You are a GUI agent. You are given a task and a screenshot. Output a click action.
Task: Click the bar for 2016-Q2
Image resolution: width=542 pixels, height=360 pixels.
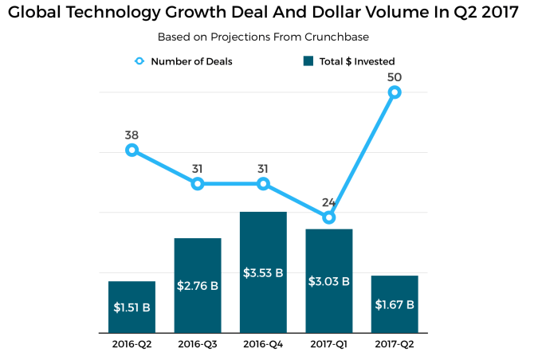(x=132, y=307)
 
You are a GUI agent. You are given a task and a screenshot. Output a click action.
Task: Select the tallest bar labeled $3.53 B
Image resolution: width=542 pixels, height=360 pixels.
(x=263, y=272)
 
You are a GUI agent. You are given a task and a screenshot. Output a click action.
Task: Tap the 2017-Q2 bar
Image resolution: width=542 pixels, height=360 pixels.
(x=395, y=303)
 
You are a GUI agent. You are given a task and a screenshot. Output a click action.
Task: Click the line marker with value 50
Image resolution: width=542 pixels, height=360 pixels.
(x=395, y=92)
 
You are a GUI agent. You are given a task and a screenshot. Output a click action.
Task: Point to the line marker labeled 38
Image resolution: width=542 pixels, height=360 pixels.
(x=132, y=150)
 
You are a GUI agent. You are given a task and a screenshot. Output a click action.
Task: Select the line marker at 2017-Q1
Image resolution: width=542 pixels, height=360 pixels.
(x=329, y=217)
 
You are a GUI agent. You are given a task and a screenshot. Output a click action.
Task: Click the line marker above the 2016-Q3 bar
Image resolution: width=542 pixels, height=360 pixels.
(x=198, y=184)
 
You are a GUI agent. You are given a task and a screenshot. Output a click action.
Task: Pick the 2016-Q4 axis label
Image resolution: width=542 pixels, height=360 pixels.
(x=263, y=344)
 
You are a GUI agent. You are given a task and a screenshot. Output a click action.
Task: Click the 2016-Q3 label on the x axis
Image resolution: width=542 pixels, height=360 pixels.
(x=198, y=344)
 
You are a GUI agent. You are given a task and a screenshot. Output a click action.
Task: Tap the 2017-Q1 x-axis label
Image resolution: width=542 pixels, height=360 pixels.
(x=329, y=344)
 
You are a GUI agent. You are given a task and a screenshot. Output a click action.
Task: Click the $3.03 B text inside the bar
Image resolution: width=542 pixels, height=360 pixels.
(x=329, y=281)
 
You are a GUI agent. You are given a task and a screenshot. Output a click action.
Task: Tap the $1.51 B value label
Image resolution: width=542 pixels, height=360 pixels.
(x=132, y=307)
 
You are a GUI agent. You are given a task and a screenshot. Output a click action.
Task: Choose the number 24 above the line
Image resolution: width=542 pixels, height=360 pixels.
(x=329, y=202)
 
